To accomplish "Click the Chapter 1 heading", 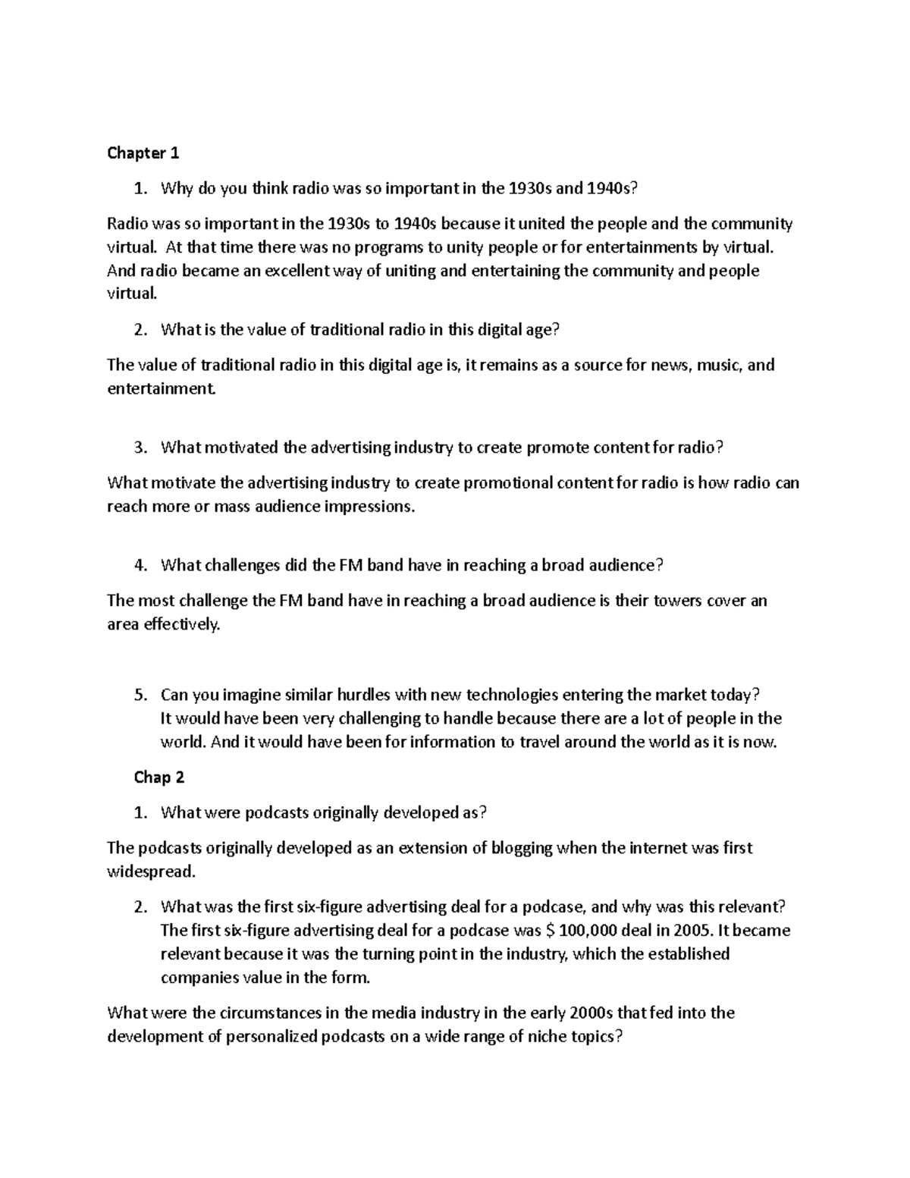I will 143,153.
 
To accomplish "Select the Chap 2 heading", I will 159,777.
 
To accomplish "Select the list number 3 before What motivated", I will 139,448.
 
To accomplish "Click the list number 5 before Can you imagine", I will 139,695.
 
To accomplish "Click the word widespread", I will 151,872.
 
